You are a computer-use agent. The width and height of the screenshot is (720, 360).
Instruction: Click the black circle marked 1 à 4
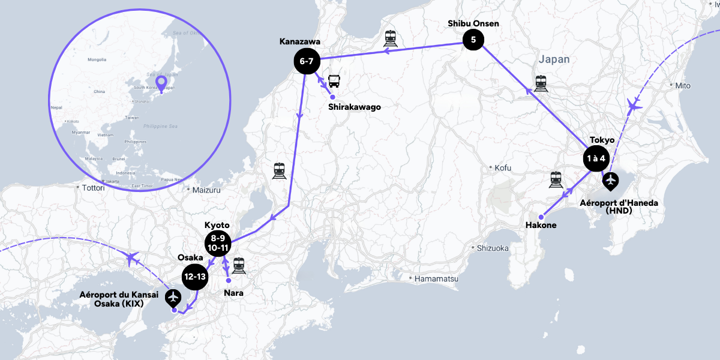pos(596,159)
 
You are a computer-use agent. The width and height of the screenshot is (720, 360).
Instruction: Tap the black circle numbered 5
pos(473,41)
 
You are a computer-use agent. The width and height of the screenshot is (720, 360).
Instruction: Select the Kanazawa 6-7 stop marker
pos(307,61)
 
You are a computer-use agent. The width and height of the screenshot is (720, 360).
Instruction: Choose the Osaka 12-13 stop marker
pos(196,277)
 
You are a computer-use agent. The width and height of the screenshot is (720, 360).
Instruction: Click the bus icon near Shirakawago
pos(334,81)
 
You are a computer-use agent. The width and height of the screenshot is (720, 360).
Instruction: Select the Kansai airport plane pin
pos(174,296)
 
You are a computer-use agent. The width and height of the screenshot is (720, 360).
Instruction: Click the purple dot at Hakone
pos(541,217)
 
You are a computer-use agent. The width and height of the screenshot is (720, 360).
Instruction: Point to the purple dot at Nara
pos(229,280)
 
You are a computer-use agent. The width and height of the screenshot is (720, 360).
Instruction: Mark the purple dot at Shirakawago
pos(332,97)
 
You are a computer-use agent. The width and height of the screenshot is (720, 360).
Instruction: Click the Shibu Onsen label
pos(473,24)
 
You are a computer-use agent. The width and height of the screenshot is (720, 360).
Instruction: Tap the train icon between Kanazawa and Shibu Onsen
pos(391,38)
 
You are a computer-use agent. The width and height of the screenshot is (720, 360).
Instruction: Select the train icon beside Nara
pos(239,265)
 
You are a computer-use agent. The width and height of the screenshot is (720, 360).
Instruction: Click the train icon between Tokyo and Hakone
pos(556,179)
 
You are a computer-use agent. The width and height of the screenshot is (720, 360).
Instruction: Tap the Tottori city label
pos(93,188)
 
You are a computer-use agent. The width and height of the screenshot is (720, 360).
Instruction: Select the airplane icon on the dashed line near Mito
pos(632,106)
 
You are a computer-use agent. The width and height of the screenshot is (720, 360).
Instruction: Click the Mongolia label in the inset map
pos(97,59)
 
